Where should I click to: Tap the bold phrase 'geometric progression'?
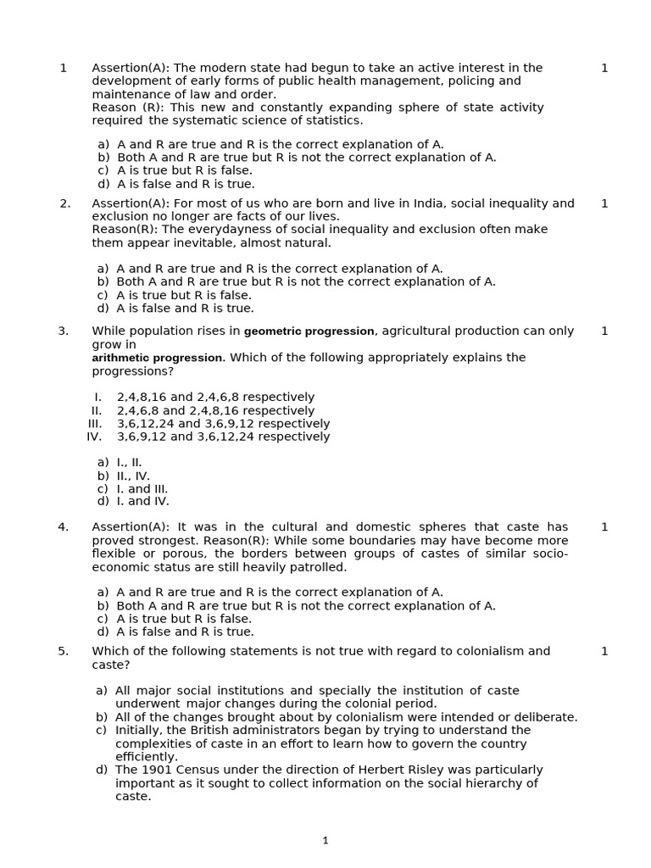309,331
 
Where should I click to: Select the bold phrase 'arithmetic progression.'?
159,358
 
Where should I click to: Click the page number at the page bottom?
325,841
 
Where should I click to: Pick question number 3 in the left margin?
64,331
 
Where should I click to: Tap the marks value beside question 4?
604,527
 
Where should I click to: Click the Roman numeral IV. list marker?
94,437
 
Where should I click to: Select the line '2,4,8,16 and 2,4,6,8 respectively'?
215,398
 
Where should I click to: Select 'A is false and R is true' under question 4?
185,632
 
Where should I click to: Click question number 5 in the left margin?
64,651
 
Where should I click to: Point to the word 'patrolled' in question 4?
317,567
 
